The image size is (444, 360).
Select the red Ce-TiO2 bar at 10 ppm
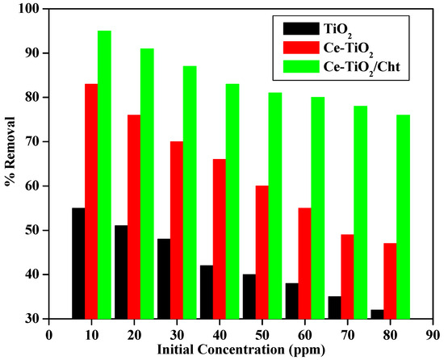pos(91,201)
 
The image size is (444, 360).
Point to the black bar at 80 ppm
pos(378,314)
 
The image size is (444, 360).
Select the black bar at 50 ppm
pos(249,296)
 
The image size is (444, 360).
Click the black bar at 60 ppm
pos(292,301)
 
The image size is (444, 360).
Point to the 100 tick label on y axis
pos(29,9)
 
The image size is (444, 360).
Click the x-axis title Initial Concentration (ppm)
pos(241,350)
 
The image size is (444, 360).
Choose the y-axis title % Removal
pos(10,164)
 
